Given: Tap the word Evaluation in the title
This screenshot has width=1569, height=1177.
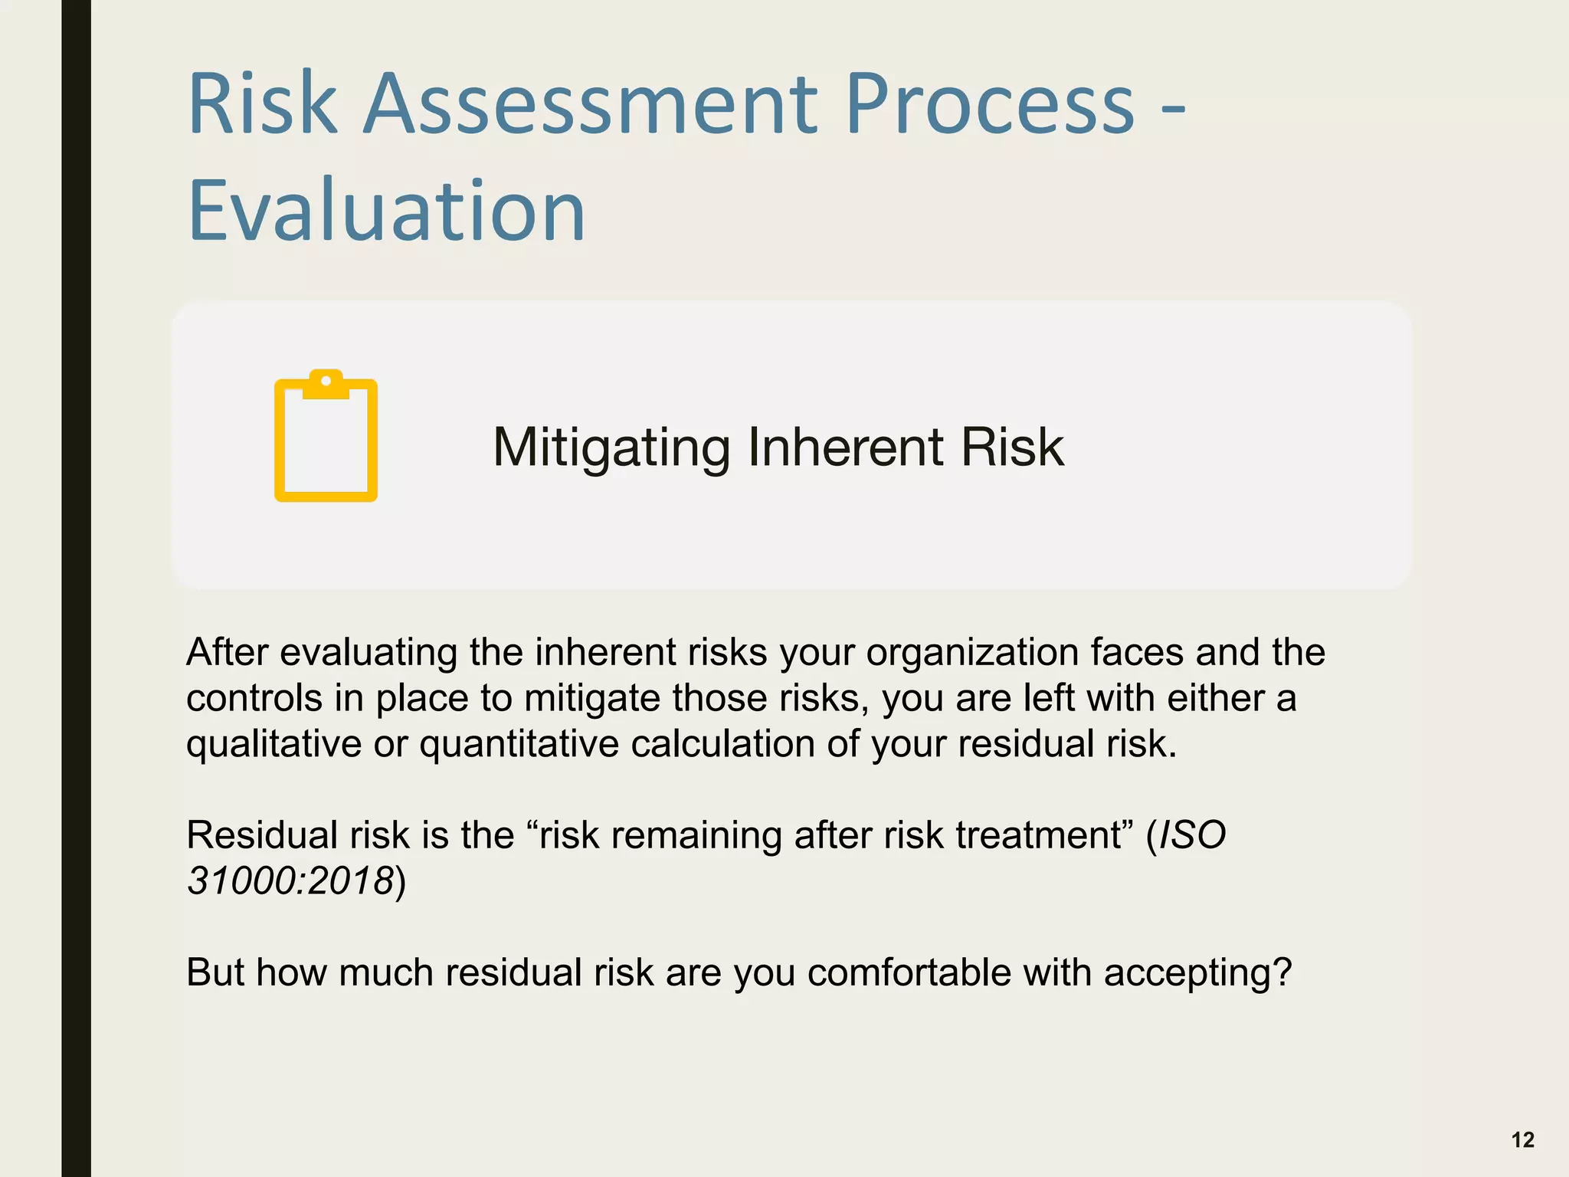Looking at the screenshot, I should coord(386,210).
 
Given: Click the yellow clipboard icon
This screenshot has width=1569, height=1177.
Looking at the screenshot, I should coord(326,437).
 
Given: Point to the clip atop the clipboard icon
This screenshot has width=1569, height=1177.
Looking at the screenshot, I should coord(326,384).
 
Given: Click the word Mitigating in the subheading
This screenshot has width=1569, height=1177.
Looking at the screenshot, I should coord(611,448).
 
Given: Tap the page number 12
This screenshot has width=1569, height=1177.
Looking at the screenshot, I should coord(1522,1140).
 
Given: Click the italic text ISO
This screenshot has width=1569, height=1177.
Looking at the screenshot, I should coord(1193,834).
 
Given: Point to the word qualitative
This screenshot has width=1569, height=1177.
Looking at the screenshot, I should coord(274,745).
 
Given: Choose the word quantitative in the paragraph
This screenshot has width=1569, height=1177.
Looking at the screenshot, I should coord(519,745).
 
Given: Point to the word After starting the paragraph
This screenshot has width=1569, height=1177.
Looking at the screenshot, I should coord(227,652).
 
